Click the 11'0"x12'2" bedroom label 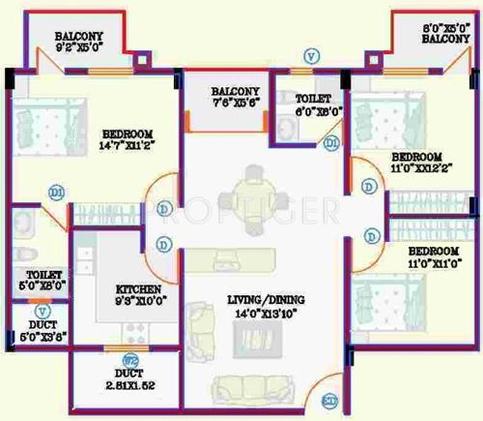click(416, 163)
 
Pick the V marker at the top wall click(310, 56)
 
